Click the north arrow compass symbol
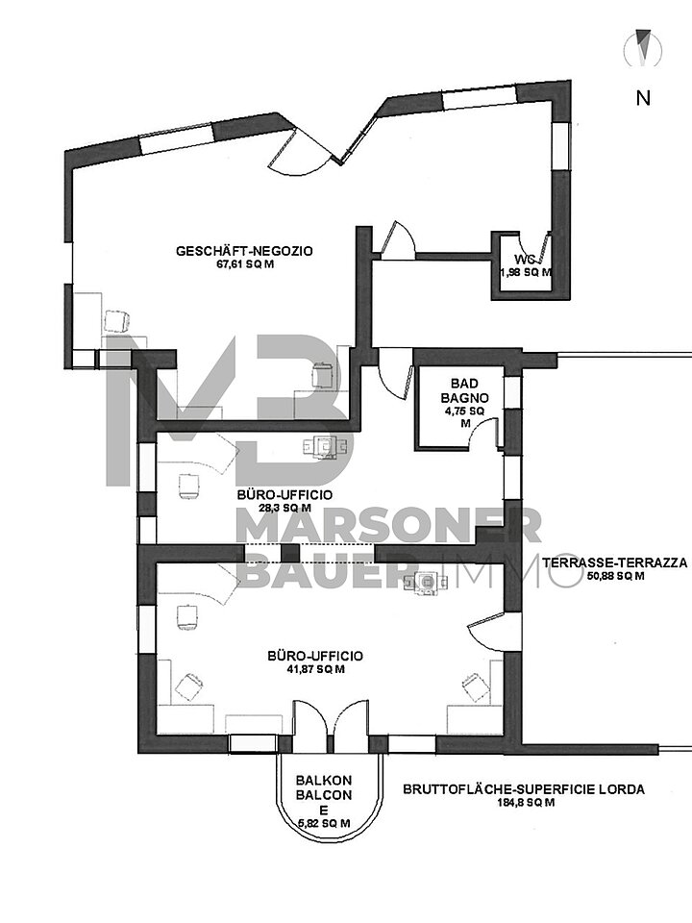[x=644, y=47]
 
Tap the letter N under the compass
[x=643, y=98]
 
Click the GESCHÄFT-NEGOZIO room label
[x=245, y=251]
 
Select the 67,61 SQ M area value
[x=245, y=264]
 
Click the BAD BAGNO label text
[x=464, y=391]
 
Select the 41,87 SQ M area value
[x=315, y=669]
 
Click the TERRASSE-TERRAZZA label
[x=615, y=562]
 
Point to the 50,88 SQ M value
[x=615, y=576]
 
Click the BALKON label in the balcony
[x=324, y=781]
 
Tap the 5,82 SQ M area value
[x=324, y=824]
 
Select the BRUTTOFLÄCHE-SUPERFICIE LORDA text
[x=524, y=789]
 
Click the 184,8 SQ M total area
[x=524, y=802]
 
